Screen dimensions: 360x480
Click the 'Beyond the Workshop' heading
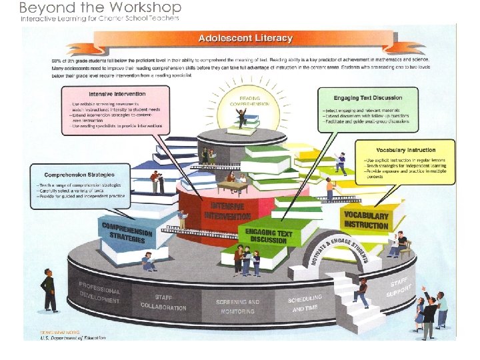pyautogui.click(x=100, y=7)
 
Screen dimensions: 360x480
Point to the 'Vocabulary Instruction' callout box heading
pyautogui.click(x=406, y=150)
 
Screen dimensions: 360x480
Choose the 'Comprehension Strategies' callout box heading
pyautogui.click(x=71, y=175)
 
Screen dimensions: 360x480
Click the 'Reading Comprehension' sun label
pyautogui.click(x=249, y=101)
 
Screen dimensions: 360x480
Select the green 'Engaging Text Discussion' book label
pyautogui.click(x=269, y=236)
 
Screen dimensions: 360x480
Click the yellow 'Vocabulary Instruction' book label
pyautogui.click(x=366, y=221)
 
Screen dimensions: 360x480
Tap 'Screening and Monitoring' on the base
pyautogui.click(x=237, y=307)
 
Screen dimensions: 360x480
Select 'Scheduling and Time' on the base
pyautogui.click(x=305, y=303)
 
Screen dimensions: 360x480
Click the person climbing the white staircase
pyautogui.click(x=361, y=291)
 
